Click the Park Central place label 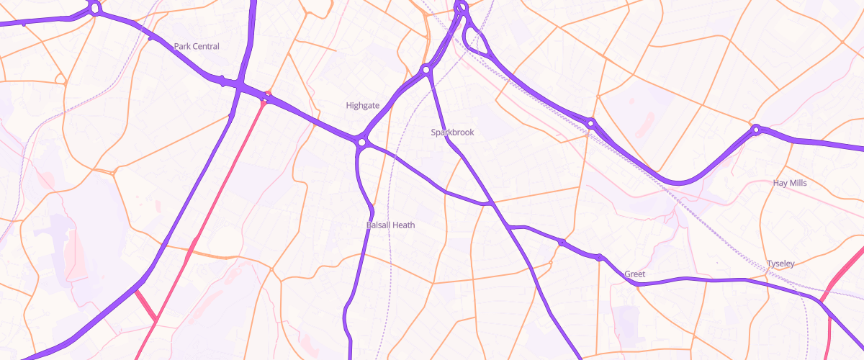197,46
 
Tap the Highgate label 362,105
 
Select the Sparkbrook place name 452,132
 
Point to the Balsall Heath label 390,225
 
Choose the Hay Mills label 790,183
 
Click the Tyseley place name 780,264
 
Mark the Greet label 634,274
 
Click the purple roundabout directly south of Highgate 361,143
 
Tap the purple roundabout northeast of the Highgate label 426,70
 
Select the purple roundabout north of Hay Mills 756,130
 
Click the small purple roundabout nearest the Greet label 598,257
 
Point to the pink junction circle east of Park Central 267,96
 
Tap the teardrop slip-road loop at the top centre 477,39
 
